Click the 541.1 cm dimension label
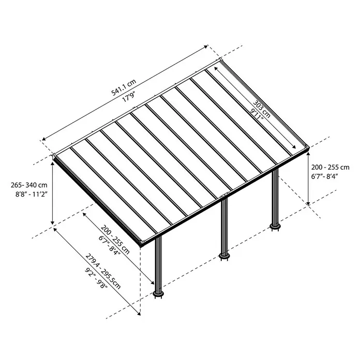coord(124,87)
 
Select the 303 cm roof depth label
coord(262,109)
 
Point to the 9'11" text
coord(257,114)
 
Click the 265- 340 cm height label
coord(29,185)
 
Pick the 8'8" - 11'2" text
coord(31,194)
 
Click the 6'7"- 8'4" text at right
coord(325,176)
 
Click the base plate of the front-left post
coord(158,294)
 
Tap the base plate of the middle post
coord(224,256)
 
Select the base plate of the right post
coord(275,227)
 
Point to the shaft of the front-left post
coord(158,264)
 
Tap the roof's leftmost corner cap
coord(55,157)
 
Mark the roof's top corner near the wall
coord(221,59)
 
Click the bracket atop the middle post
coord(224,196)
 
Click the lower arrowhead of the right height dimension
coord(308,203)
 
